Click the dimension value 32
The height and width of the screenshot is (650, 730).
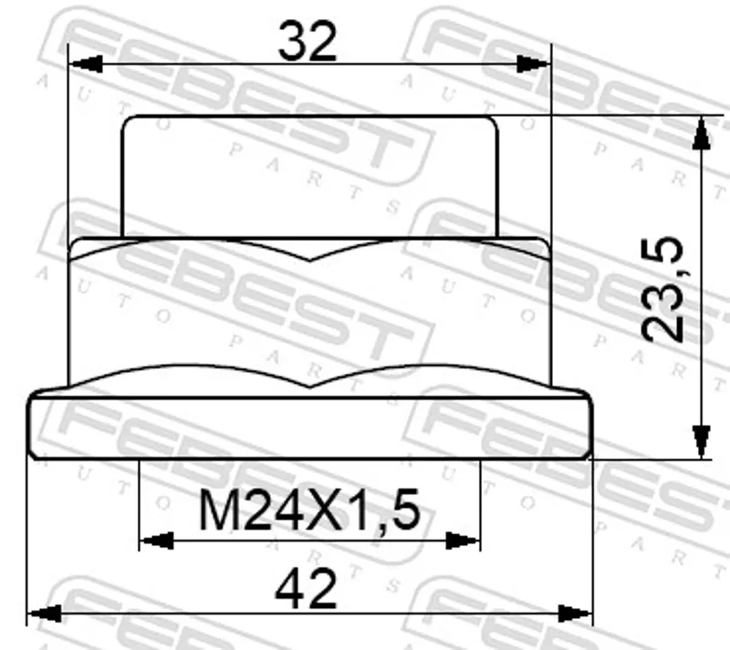[308, 42]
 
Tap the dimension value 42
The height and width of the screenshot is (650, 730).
[306, 589]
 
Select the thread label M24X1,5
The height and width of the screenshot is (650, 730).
[309, 511]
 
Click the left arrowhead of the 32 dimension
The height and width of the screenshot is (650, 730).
[85, 64]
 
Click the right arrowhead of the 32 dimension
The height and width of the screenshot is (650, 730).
[534, 64]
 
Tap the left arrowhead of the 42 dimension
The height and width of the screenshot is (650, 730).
[44, 614]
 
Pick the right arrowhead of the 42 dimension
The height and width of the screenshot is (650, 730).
[576, 614]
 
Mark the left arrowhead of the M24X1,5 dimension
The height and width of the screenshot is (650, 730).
[156, 541]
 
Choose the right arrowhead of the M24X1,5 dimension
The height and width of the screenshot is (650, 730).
[463, 541]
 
